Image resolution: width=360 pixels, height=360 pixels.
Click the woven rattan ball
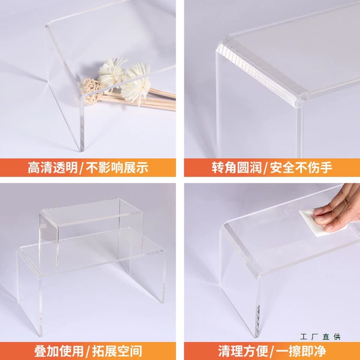coord(91,91)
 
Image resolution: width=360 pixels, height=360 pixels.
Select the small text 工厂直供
coord(320,337)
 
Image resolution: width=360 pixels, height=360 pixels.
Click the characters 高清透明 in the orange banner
coord(53,167)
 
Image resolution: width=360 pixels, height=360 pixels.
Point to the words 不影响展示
coord(117,167)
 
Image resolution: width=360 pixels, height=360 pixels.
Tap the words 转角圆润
coord(236,167)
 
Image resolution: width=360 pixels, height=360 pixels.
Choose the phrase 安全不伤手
coord(301,167)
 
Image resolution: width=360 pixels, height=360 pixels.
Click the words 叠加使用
coord(59,351)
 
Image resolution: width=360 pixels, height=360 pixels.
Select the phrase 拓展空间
coord(117,351)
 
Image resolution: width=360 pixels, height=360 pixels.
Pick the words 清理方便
coord(243,351)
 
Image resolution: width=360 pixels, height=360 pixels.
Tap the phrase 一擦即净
coord(301,351)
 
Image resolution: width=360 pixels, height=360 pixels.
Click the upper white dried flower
coord(112,71)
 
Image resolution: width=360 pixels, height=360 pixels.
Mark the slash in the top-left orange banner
coord(82,168)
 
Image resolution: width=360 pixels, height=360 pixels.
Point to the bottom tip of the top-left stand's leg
coord(81,151)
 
